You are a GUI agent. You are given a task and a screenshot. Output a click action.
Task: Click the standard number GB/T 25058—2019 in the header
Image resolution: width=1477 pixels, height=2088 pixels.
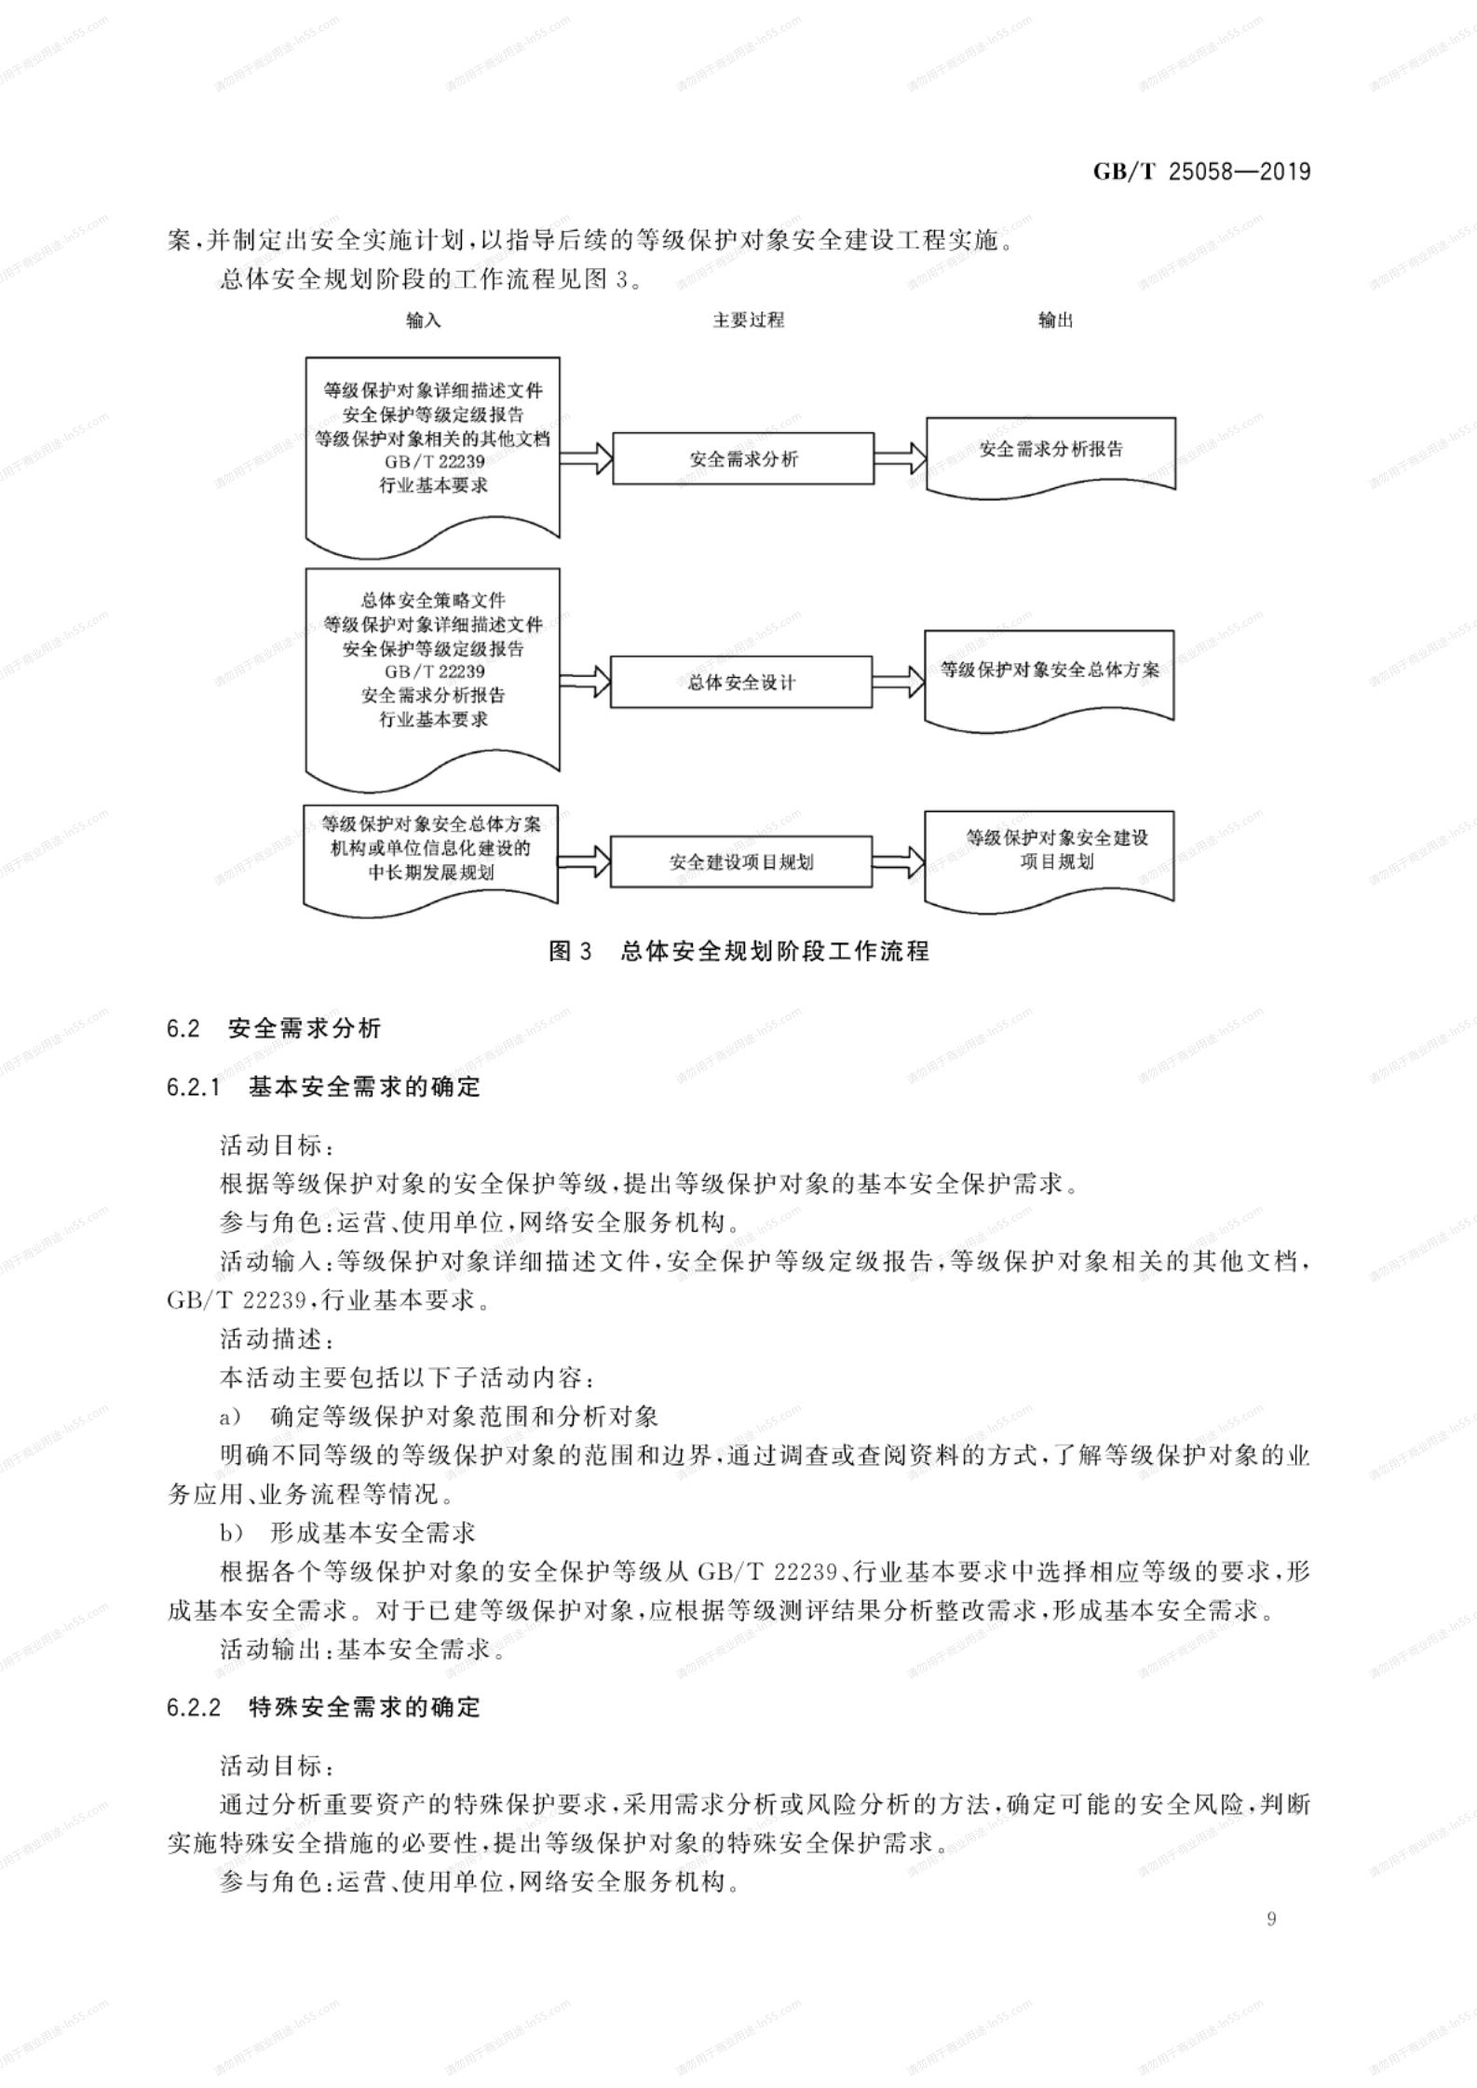pos(1201,171)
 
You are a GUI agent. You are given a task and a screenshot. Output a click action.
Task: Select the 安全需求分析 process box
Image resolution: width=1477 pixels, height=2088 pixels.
pos(743,458)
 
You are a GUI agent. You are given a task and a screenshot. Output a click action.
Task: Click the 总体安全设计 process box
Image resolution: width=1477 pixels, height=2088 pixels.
pos(741,682)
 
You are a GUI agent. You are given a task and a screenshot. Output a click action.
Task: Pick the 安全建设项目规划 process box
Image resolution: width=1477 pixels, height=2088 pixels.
pos(741,861)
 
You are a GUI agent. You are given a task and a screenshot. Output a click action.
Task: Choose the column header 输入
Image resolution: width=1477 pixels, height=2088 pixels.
pos(424,320)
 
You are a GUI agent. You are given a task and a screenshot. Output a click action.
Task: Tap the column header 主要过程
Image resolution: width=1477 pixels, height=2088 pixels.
pos(749,320)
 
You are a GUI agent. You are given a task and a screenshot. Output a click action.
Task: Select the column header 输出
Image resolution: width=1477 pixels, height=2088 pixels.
pos(1056,320)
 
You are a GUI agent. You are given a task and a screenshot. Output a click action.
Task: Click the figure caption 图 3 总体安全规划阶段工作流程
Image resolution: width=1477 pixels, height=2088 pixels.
pos(739,951)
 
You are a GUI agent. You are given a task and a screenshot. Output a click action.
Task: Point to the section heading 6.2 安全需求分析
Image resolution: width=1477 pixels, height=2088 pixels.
pos(274,1028)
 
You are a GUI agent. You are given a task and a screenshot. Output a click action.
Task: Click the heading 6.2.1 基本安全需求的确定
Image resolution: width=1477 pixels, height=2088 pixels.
pos(323,1087)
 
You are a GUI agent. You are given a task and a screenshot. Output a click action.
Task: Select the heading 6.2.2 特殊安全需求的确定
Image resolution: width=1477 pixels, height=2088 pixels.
pos(323,1707)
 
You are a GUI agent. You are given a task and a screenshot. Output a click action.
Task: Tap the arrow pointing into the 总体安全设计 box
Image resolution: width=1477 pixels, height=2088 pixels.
pos(585,682)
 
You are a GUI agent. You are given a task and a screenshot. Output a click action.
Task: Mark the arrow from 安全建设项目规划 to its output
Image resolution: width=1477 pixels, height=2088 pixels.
pos(899,861)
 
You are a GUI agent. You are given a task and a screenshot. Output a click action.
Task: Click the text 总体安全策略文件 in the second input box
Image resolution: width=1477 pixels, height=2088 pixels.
pos(433,601)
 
